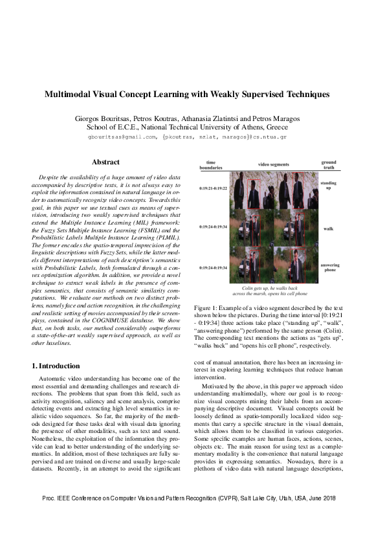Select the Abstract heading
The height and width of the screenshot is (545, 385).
tap(105, 162)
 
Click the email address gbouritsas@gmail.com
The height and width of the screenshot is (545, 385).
tap(122, 137)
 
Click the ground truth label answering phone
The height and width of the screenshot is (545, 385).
tap(329, 268)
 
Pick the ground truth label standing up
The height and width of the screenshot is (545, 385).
tap(329, 186)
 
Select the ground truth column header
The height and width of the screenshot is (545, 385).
tap(329, 165)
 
